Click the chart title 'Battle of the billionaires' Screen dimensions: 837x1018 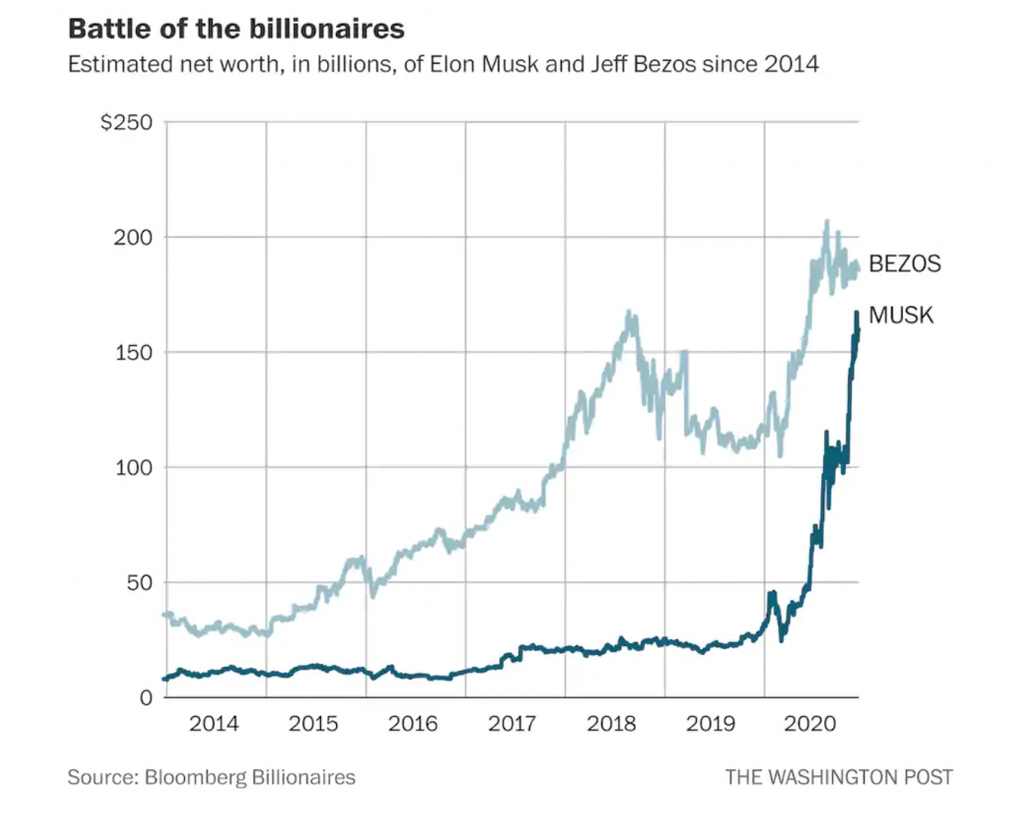point(236,29)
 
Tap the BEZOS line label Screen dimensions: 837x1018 point(905,264)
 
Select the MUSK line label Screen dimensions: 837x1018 point(902,316)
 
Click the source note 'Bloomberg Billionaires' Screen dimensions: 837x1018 point(250,777)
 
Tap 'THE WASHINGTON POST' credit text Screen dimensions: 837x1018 point(838,777)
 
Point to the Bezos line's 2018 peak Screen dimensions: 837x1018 point(628,313)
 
